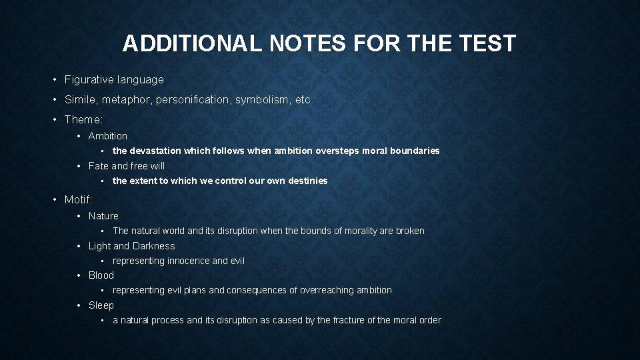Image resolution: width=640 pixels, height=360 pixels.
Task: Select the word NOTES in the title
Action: (x=306, y=44)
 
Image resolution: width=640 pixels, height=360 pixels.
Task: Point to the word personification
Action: (x=193, y=100)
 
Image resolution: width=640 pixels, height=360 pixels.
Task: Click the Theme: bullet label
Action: (x=83, y=120)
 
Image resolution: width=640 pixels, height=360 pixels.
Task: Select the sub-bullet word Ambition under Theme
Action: (x=107, y=136)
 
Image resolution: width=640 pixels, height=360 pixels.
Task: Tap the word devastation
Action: (x=155, y=151)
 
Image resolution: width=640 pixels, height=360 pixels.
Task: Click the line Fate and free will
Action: (x=126, y=166)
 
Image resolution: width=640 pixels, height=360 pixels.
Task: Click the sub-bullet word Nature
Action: (x=103, y=216)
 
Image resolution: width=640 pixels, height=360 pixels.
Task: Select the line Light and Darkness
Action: (x=131, y=246)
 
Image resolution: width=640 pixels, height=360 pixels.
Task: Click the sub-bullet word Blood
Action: (x=101, y=275)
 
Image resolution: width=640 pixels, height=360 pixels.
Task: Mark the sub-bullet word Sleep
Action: (x=101, y=305)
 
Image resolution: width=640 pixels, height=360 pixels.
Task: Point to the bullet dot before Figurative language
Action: (x=55, y=80)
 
